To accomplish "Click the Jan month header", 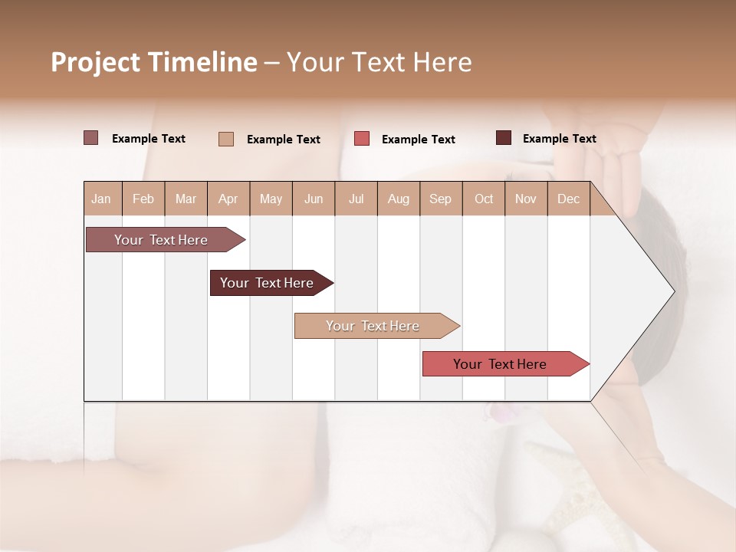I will (x=101, y=199).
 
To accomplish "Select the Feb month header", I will (x=143, y=199).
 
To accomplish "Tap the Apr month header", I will (x=228, y=199).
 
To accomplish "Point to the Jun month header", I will (x=314, y=199).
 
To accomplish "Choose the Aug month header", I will (x=398, y=199).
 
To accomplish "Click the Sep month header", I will (x=440, y=199).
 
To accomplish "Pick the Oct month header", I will (x=484, y=199).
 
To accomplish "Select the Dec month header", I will (x=568, y=199).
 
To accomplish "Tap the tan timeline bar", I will (x=373, y=326).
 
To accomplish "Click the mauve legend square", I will (x=91, y=138).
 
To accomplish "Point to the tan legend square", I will (x=226, y=139).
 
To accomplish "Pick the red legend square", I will (x=362, y=139).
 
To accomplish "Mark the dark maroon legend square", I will (x=504, y=138).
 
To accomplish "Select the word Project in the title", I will (x=95, y=62).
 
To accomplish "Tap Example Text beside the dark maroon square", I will (x=559, y=139).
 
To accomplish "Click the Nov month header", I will (x=526, y=199).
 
